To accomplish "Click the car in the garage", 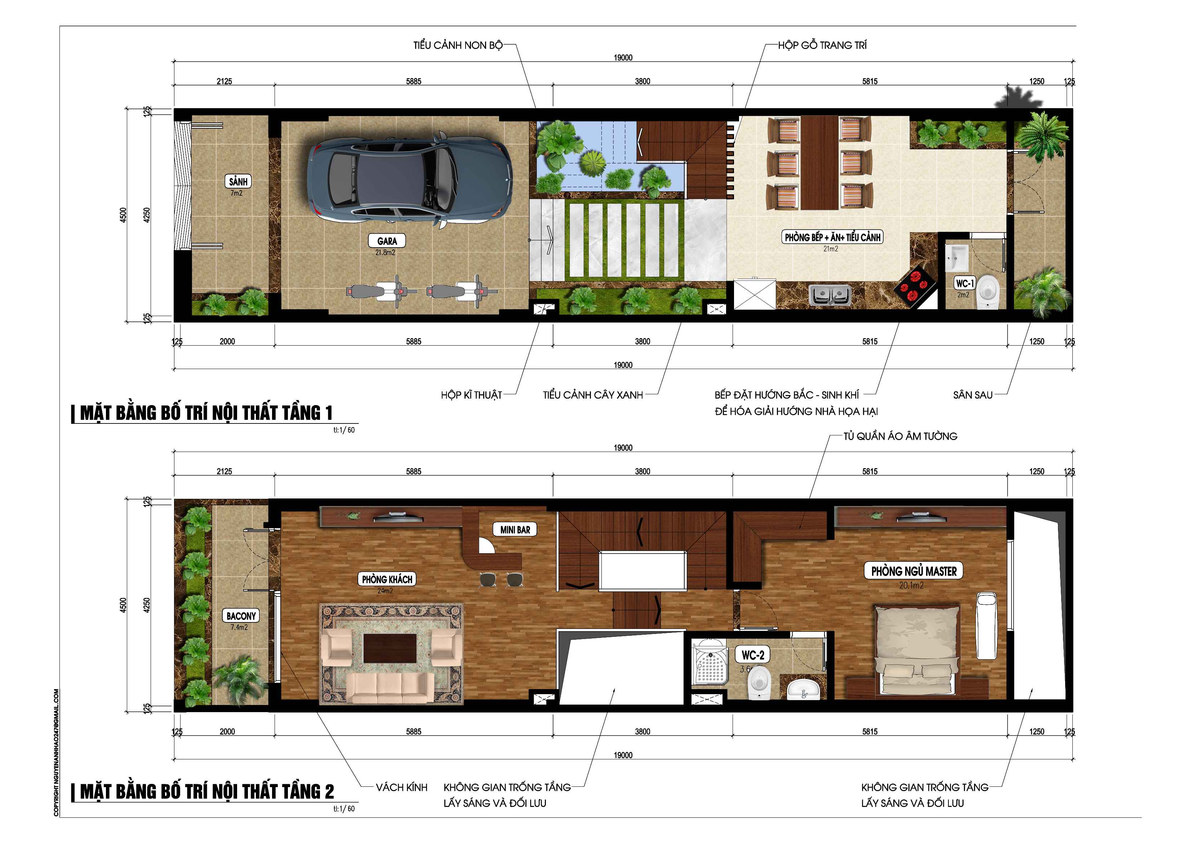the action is tap(410, 178).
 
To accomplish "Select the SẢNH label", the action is tap(238, 181).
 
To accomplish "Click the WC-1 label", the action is tap(965, 283).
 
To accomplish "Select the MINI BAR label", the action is tap(515, 529).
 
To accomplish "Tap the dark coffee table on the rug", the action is tap(390, 648).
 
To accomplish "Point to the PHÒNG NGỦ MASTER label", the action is tap(914, 571).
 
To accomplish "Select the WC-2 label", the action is tap(752, 655).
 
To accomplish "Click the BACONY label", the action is tap(241, 616).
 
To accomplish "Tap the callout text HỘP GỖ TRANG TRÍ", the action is tap(822, 45).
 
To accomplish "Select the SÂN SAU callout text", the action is tap(973, 395).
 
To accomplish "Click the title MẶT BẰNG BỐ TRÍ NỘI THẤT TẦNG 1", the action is tap(206, 413).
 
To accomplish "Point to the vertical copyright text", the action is tap(56, 753).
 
